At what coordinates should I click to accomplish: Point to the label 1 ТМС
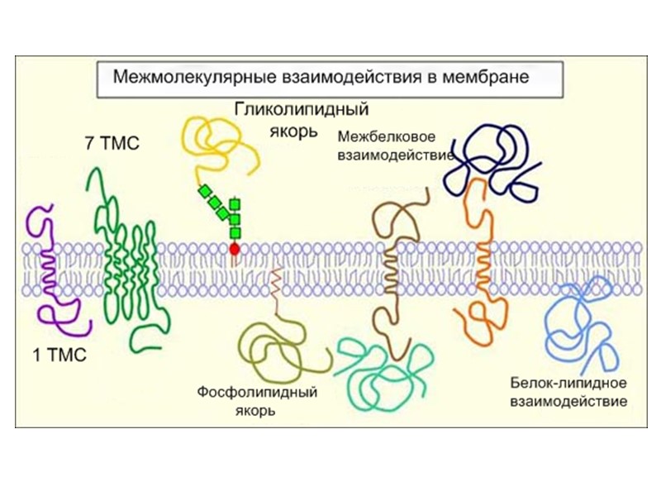pyautogui.click(x=60, y=356)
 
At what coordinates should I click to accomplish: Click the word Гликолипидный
pyautogui.click(x=301, y=109)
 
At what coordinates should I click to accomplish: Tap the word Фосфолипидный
pyautogui.click(x=257, y=393)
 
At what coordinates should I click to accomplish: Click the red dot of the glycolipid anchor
pyautogui.click(x=235, y=247)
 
